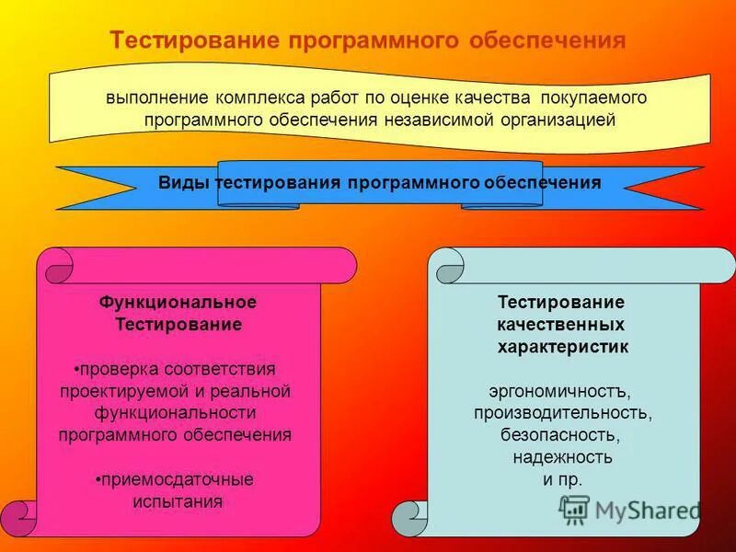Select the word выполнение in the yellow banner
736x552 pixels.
(x=157, y=98)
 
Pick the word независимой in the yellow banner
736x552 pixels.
(x=438, y=120)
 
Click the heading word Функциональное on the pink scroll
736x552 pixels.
(x=178, y=302)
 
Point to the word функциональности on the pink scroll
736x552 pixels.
(x=175, y=413)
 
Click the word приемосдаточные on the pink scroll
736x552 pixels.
(x=177, y=479)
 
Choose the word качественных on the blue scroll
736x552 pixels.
(x=561, y=325)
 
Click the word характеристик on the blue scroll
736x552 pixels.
(x=563, y=347)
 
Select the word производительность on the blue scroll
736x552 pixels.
(x=563, y=413)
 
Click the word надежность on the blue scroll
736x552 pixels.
(x=562, y=457)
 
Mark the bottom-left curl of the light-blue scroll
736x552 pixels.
(x=410, y=519)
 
